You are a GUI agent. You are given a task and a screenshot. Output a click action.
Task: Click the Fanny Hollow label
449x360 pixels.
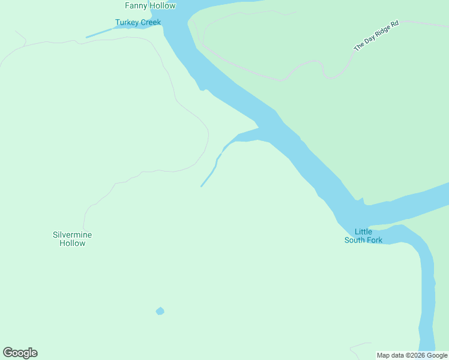click(x=150, y=6)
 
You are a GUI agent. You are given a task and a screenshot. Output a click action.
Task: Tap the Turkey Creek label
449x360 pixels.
click(x=138, y=23)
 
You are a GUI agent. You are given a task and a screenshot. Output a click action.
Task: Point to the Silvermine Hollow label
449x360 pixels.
click(x=72, y=239)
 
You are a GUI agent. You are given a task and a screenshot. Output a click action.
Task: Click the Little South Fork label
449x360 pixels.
click(x=363, y=236)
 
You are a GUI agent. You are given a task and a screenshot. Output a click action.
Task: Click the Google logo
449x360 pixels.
click(x=20, y=353)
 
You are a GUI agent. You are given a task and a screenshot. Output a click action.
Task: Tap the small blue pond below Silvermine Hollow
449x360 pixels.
click(x=160, y=311)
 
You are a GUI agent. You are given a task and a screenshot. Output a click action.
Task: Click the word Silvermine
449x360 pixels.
click(x=72, y=235)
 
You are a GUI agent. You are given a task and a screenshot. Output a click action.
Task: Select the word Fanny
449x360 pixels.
click(x=136, y=6)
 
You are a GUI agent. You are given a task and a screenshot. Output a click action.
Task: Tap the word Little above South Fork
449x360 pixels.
click(x=363, y=232)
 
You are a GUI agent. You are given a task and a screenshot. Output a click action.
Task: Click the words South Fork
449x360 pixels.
click(x=363, y=240)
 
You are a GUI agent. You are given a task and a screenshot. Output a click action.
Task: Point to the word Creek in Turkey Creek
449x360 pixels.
click(x=151, y=23)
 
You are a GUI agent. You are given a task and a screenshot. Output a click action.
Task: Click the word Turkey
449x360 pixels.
click(x=127, y=23)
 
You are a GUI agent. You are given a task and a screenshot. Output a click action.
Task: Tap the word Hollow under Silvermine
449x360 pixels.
click(x=72, y=243)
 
